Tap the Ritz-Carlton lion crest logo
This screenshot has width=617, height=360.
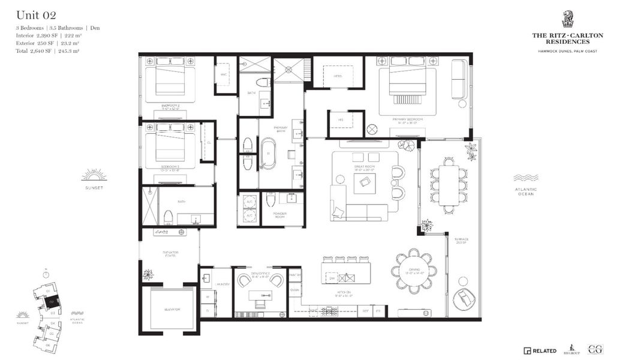(567, 19)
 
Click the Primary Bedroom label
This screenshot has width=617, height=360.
(408, 120)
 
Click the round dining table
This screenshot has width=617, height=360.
(415, 271)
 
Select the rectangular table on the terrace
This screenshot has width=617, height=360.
(447, 185)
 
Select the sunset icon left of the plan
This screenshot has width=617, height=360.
(94, 175)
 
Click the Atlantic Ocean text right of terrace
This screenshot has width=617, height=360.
(525, 191)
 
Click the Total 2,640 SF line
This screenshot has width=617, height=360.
(48, 51)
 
